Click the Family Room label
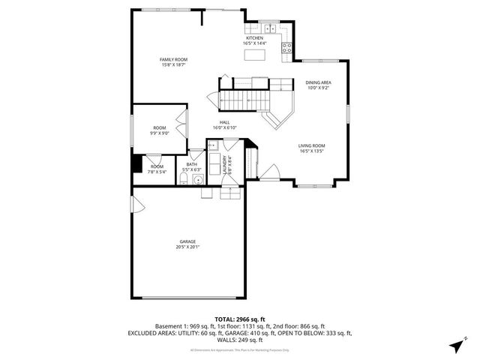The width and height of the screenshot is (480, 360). pyautogui.click(x=172, y=61)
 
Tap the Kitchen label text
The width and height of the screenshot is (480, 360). pyautogui.click(x=255, y=40)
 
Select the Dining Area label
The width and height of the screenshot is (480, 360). pyautogui.click(x=318, y=85)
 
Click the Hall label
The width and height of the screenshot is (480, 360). pyautogui.click(x=224, y=124)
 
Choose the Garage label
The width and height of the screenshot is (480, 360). pyautogui.click(x=187, y=244)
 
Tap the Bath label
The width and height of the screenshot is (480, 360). pyautogui.click(x=192, y=166)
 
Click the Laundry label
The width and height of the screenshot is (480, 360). pyautogui.click(x=223, y=165)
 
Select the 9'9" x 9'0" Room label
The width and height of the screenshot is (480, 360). pyautogui.click(x=160, y=130)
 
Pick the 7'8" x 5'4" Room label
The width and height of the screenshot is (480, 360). pyautogui.click(x=156, y=169)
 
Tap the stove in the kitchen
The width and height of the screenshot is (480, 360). pyautogui.click(x=286, y=48)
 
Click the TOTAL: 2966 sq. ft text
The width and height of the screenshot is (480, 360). pyautogui.click(x=239, y=319)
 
